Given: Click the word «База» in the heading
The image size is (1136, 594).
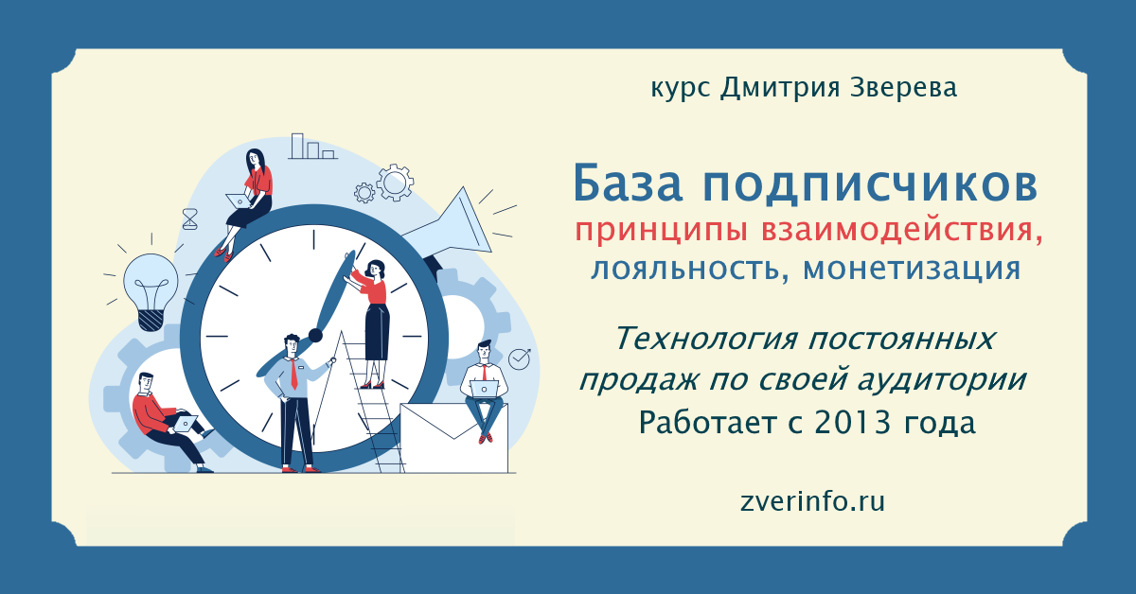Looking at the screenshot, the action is [628, 183].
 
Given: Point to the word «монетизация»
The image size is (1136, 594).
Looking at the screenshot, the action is [912, 269].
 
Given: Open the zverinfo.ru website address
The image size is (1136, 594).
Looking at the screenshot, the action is [812, 501].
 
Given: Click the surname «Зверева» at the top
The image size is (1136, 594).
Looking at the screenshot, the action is [903, 87].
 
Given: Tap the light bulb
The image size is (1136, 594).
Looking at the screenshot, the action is [151, 291].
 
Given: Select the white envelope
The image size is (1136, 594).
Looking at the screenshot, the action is [453, 438].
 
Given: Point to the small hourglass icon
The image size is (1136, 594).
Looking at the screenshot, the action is [189, 218].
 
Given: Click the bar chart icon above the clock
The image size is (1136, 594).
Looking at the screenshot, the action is [312, 147].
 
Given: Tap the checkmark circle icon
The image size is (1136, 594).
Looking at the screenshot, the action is [519, 358].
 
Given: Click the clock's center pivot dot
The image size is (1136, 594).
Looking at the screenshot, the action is [315, 335].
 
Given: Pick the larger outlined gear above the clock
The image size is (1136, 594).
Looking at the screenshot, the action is [395, 183].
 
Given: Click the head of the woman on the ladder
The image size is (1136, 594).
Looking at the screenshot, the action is [376, 268].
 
